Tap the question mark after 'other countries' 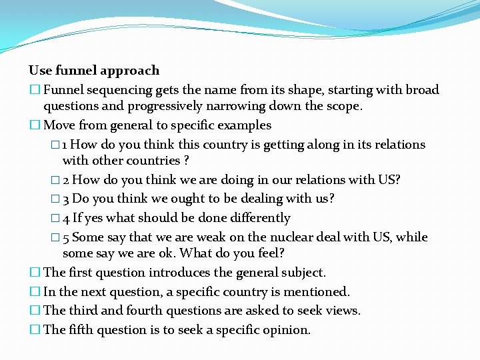[186, 161]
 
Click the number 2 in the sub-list [65, 180]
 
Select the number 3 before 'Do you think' [65, 199]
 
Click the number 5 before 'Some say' [65, 237]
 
